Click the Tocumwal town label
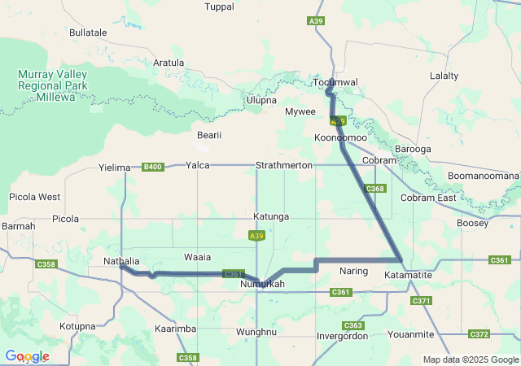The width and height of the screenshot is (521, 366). pos(335,82)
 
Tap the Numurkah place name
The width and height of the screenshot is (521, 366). pos(263,285)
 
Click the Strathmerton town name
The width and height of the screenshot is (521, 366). pos(284,165)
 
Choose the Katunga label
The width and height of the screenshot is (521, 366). pos(271,217)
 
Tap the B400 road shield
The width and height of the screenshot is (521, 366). pos(152,168)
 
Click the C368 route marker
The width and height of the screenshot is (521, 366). pos(375,189)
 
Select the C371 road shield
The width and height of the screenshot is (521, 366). pos(421,301)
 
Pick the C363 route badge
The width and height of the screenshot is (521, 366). pos(355,325)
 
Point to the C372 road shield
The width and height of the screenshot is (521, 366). pos(479,333)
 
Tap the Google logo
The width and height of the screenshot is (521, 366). pos(27,356)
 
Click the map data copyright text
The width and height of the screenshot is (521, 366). pos(471,359)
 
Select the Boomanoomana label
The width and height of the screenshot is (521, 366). pos(483,176)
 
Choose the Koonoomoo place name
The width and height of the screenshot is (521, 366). pos(340,138)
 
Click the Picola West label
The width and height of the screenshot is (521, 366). pos(34,197)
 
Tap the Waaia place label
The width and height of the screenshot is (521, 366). pos(197,256)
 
